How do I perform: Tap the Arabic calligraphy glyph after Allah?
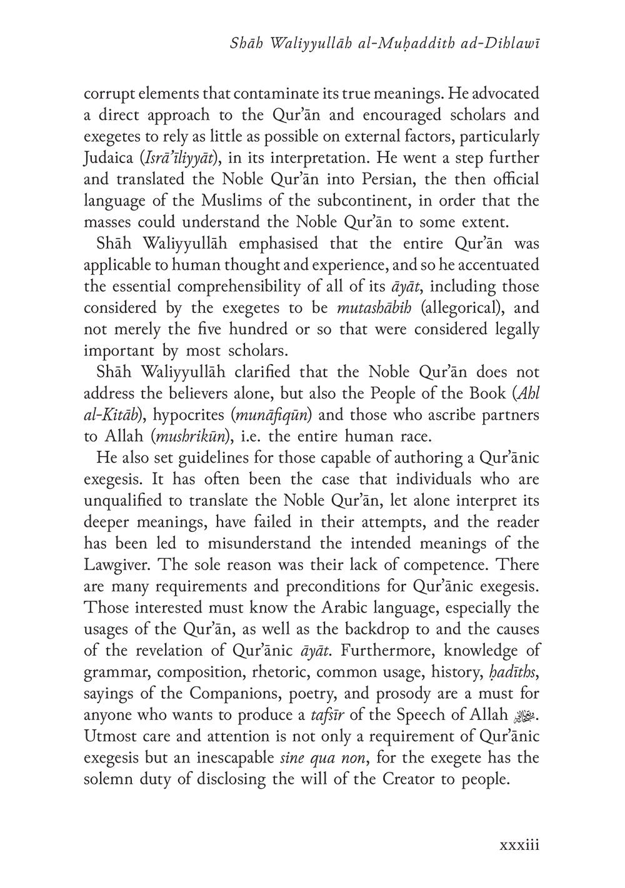click(529, 714)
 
